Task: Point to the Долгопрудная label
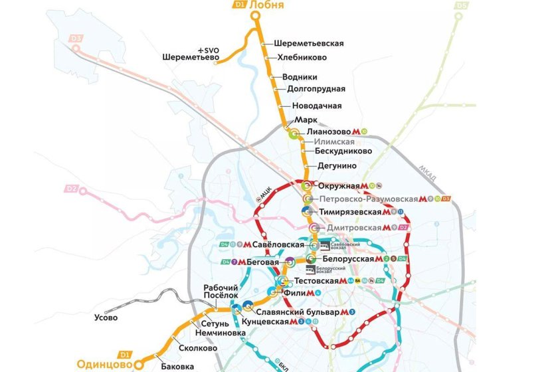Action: [316, 89]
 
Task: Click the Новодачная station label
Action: [316, 106]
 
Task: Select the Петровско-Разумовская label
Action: [368, 199]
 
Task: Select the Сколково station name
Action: [198, 348]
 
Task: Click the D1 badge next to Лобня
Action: [239, 5]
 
